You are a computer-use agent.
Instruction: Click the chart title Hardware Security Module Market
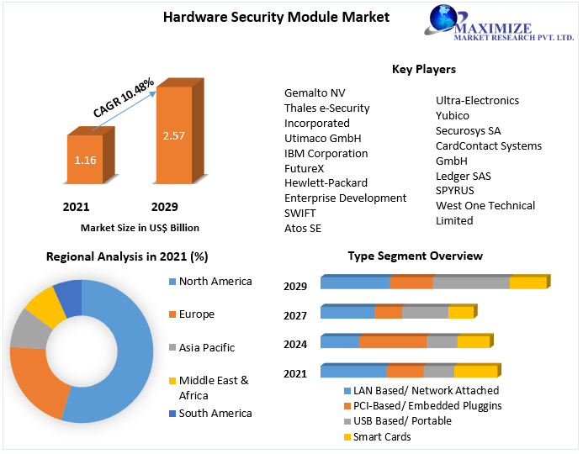click(264, 17)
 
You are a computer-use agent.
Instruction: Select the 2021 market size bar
click(85, 160)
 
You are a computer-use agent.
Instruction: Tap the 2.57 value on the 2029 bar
click(174, 135)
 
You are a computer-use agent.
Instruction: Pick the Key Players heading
click(424, 69)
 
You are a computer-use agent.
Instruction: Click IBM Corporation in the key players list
click(326, 153)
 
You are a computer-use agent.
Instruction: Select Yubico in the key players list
click(453, 115)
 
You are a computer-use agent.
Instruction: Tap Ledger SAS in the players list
click(463, 176)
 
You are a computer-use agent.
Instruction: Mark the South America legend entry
click(215, 413)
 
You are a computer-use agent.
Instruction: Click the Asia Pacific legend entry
click(206, 347)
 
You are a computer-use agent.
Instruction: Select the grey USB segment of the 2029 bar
click(471, 282)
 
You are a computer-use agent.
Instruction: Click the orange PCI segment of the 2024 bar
click(393, 341)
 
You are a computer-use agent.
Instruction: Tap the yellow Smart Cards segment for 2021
click(475, 372)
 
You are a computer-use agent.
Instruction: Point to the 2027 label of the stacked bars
click(295, 316)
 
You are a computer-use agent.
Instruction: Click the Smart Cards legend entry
click(382, 436)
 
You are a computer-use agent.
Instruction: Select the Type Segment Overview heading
click(415, 256)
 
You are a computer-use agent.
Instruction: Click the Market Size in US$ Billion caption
click(140, 227)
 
